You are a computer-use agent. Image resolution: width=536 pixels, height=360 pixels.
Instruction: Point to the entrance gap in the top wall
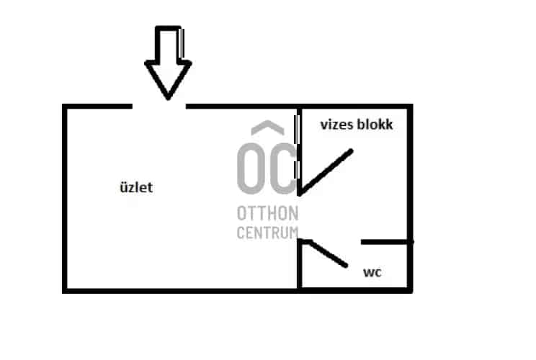(159, 107)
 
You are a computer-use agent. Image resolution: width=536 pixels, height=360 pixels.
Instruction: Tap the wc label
(372, 273)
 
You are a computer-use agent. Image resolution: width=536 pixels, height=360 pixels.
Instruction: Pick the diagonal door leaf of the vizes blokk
(326, 172)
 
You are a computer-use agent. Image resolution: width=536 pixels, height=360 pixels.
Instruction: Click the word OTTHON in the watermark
(267, 214)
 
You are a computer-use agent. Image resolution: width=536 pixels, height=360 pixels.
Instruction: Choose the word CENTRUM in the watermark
(267, 233)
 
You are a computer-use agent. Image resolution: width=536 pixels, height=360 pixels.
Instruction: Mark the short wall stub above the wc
(387, 242)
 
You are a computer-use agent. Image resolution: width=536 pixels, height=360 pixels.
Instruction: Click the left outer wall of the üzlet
(65, 198)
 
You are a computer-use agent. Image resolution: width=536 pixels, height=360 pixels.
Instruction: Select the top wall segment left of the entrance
(98, 107)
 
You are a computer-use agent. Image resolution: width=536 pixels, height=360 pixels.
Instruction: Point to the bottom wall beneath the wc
(356, 290)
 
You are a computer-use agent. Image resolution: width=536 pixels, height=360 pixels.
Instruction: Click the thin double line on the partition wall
(297, 148)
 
